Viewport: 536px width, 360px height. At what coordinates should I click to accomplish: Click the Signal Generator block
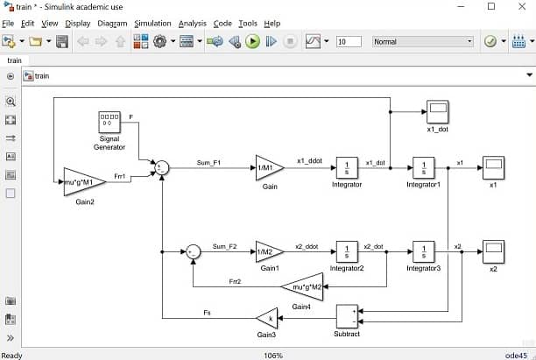point(109,123)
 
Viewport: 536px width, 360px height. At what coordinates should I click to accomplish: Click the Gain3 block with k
point(267,316)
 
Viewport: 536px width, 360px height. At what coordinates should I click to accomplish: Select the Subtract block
point(348,316)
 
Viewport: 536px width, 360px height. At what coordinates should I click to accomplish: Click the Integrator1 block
point(424,166)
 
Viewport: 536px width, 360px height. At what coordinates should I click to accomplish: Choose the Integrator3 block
point(424,251)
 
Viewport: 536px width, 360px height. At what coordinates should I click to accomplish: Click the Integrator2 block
point(347,251)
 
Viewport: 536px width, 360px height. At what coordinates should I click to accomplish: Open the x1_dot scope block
point(437,112)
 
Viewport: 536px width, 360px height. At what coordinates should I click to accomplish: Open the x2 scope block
point(493,251)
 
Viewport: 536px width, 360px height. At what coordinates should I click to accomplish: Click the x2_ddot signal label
point(306,246)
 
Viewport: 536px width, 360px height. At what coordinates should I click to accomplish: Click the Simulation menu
point(152,23)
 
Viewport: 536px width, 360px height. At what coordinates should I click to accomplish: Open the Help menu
point(272,23)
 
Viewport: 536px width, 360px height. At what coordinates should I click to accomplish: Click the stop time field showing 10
point(348,41)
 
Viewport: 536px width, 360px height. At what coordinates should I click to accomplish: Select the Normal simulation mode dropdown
point(422,41)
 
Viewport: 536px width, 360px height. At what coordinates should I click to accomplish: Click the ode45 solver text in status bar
point(517,355)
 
